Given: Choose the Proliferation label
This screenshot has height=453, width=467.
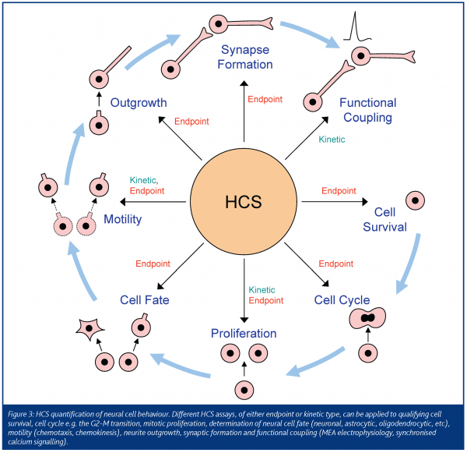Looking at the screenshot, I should [x=244, y=334].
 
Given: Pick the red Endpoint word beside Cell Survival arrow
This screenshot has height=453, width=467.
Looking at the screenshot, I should [x=339, y=190].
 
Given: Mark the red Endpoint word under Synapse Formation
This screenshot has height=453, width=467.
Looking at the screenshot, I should [x=265, y=99].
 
